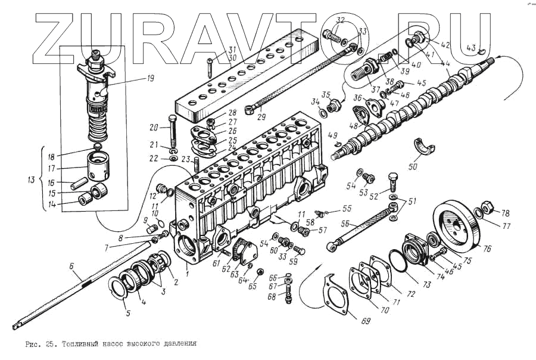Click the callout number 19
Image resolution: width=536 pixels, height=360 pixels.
point(133,78)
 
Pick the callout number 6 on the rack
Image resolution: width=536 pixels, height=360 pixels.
point(71,268)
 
